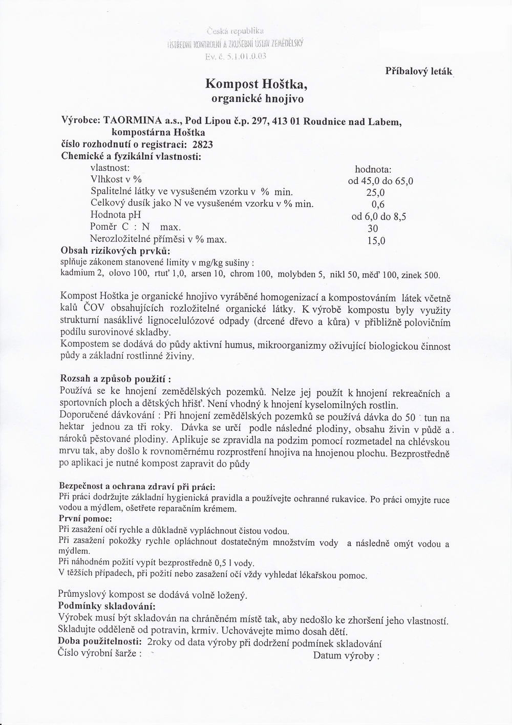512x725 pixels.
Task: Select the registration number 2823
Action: pos(202,145)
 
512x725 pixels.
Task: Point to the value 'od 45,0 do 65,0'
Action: pos(380,180)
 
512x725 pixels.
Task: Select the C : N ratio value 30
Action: pos(373,228)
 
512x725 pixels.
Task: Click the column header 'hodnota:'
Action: pos(373,169)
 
